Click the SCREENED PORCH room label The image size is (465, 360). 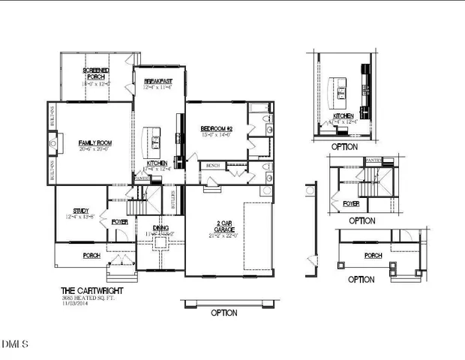coord(96,73)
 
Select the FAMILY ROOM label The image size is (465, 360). coord(95,142)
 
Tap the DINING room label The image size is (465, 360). coord(160,227)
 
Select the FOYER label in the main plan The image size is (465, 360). coord(119,222)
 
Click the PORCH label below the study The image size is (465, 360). coord(91,255)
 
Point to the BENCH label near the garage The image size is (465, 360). coord(212,165)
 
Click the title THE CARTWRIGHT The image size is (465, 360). coord(92,290)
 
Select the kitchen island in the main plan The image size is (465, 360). coord(155,137)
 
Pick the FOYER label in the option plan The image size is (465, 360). coord(351,203)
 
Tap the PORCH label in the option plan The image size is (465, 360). coord(372,255)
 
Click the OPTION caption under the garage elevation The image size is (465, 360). coord(223,313)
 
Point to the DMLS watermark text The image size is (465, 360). coord(15,344)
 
